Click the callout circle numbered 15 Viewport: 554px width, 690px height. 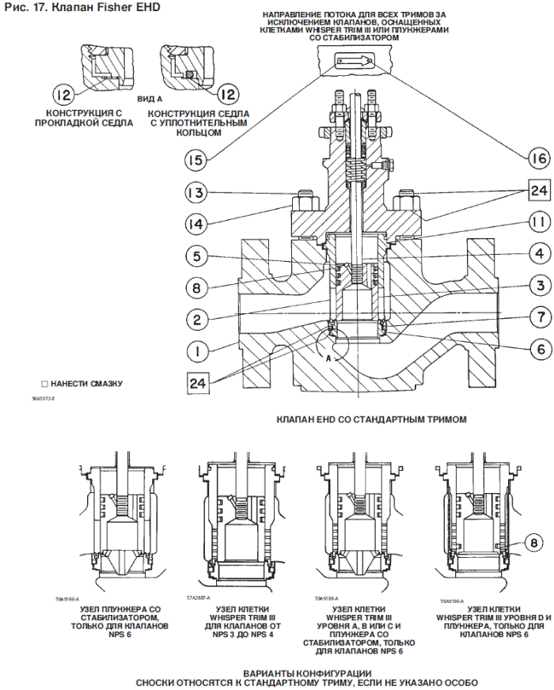(x=197, y=159)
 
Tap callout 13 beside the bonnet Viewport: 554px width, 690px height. (x=197, y=193)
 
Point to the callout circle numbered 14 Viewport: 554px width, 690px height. (x=197, y=225)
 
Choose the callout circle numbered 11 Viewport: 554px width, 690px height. (x=516, y=224)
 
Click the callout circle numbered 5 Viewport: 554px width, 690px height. (x=197, y=256)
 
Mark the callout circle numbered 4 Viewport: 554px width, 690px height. (x=516, y=255)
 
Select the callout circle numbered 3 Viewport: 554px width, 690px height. (x=516, y=286)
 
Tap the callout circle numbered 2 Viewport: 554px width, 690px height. (x=197, y=320)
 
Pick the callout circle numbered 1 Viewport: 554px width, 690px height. (x=197, y=351)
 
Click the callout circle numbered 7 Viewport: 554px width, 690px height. (x=516, y=317)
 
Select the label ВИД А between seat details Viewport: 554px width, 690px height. (x=150, y=100)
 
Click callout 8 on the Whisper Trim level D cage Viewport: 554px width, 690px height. (x=511, y=543)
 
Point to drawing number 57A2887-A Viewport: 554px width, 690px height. (x=201, y=597)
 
